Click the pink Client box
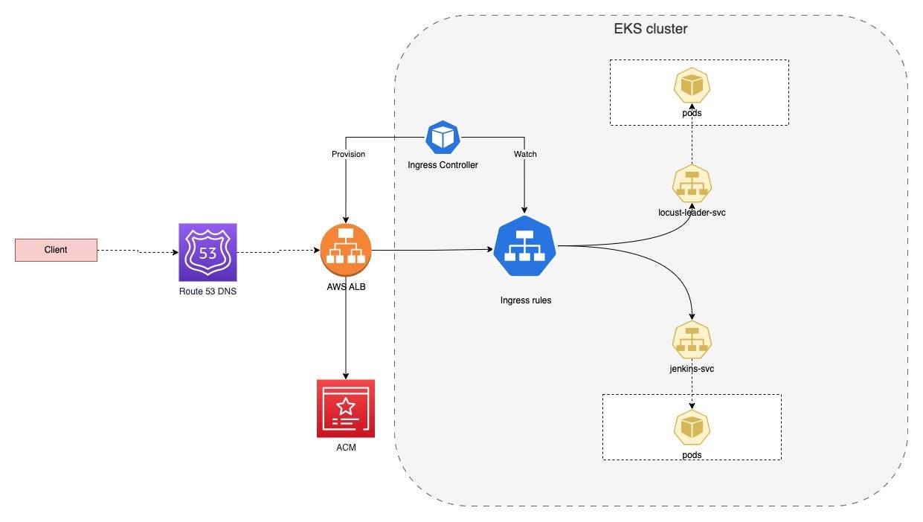(x=56, y=250)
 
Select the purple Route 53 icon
(x=208, y=251)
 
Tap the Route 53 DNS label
(x=208, y=291)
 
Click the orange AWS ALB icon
(x=346, y=249)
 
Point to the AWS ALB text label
(x=346, y=287)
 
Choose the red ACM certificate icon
(x=346, y=408)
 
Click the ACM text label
(x=346, y=448)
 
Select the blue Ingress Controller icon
(x=443, y=138)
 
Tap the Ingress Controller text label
(x=443, y=165)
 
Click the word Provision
(x=348, y=154)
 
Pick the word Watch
(x=525, y=154)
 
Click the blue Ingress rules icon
(x=526, y=246)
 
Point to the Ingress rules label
(x=526, y=301)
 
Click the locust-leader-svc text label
(x=692, y=213)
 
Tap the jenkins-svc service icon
(x=692, y=338)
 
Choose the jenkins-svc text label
(x=692, y=369)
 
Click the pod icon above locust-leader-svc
(x=692, y=86)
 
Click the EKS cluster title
(x=650, y=30)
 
